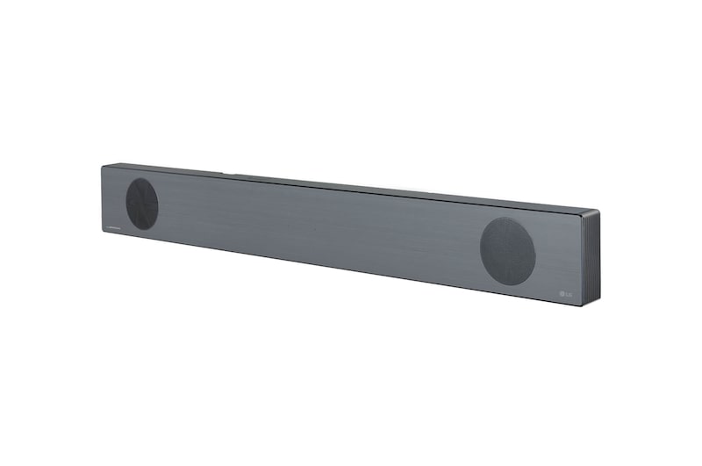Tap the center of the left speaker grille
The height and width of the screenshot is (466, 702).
pos(142,204)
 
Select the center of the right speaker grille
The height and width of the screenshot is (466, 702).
pos(508,251)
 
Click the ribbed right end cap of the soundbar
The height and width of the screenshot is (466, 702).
pos(591,259)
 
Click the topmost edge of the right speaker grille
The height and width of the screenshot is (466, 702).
pos(508,217)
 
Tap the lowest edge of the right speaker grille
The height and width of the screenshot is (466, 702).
pos(509,285)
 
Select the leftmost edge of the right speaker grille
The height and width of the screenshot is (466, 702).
pos(480,250)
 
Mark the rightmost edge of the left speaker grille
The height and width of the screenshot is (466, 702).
pos(159,204)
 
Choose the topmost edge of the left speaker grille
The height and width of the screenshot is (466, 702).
pos(142,178)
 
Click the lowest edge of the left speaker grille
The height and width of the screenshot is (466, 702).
pos(142,230)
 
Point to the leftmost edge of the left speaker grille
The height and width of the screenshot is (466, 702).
pos(125,204)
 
